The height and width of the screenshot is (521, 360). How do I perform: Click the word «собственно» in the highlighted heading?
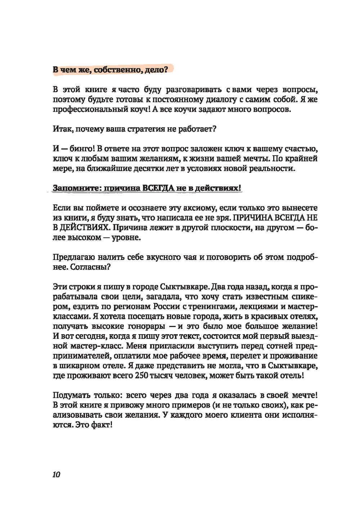click(x=114, y=69)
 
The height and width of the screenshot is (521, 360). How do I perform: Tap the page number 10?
click(x=56, y=475)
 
